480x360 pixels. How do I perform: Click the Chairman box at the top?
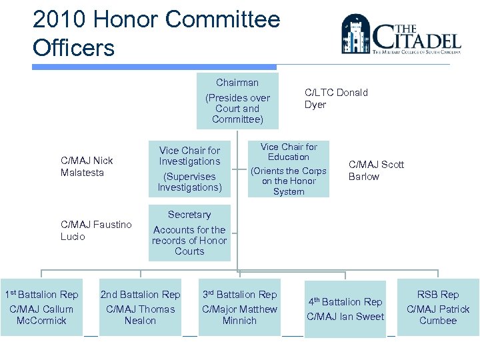click(x=237, y=101)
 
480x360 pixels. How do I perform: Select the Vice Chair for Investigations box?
click(x=189, y=169)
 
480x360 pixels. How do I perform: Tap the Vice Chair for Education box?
click(x=289, y=169)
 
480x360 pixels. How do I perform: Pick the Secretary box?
click(x=189, y=233)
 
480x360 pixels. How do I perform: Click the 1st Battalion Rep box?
click(x=41, y=307)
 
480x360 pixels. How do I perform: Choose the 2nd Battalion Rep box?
click(x=140, y=307)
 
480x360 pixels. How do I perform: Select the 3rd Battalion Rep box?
click(x=239, y=307)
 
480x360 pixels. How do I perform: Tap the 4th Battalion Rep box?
click(x=345, y=309)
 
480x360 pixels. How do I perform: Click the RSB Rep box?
click(x=438, y=307)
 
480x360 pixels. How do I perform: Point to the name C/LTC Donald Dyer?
click(x=336, y=98)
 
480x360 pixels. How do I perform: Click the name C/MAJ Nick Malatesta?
click(x=87, y=166)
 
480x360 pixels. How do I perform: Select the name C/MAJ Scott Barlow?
click(x=376, y=171)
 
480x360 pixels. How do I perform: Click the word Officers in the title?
click(x=73, y=48)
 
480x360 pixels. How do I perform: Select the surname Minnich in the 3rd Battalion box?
click(x=239, y=321)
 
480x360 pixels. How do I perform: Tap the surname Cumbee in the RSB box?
click(x=438, y=321)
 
